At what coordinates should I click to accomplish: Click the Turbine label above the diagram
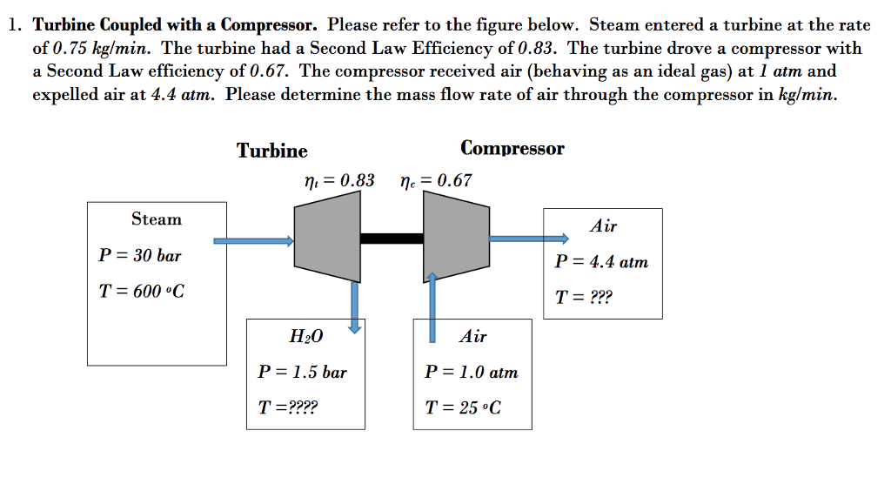[x=271, y=151]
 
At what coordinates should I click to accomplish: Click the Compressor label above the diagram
[x=512, y=148]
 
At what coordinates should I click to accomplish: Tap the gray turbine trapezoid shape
[x=328, y=237]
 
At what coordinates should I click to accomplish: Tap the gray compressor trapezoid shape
[x=455, y=237]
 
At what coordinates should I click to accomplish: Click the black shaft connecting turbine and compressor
[x=392, y=238]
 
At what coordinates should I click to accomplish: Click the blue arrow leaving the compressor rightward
[x=527, y=238]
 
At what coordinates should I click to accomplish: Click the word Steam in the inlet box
[x=157, y=219]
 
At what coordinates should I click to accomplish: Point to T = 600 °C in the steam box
[x=141, y=292]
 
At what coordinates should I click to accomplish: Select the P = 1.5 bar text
[x=303, y=373]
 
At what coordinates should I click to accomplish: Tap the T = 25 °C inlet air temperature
[x=463, y=407]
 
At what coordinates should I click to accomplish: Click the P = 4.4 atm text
[x=601, y=262]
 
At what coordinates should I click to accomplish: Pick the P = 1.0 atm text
[x=471, y=373]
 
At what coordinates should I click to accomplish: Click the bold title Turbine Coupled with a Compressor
[x=175, y=24]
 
